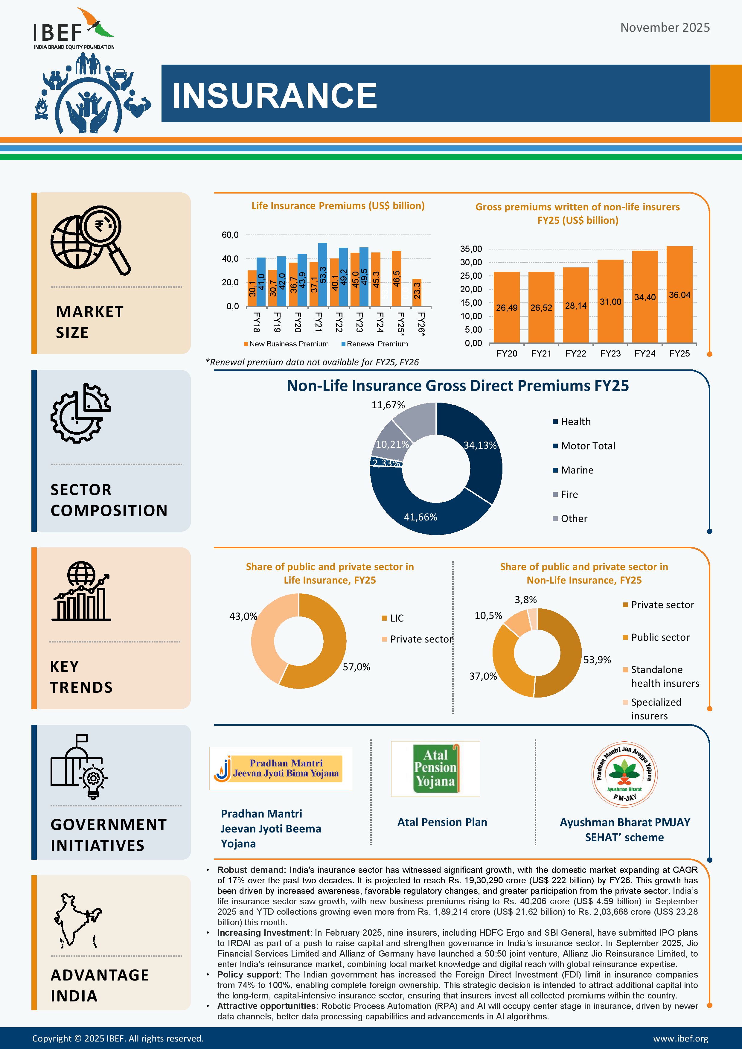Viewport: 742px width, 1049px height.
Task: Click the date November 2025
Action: pyautogui.click(x=665, y=28)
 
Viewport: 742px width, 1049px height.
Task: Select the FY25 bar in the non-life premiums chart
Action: pyautogui.click(x=679, y=295)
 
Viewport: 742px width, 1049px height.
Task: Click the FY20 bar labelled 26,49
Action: pyautogui.click(x=507, y=307)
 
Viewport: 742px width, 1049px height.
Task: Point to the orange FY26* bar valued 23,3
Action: pyautogui.click(x=417, y=293)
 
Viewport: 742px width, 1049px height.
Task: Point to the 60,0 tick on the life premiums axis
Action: pyautogui.click(x=230, y=235)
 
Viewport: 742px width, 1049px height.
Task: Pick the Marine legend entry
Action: pyautogui.click(x=577, y=470)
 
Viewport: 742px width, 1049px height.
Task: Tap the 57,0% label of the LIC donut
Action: pyautogui.click(x=356, y=667)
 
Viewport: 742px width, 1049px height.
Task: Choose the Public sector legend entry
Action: pyautogui.click(x=660, y=637)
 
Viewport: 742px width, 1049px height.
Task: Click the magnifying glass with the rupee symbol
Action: pyautogui.click(x=103, y=233)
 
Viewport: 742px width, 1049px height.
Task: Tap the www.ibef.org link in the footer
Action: pyautogui.click(x=680, y=1039)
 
